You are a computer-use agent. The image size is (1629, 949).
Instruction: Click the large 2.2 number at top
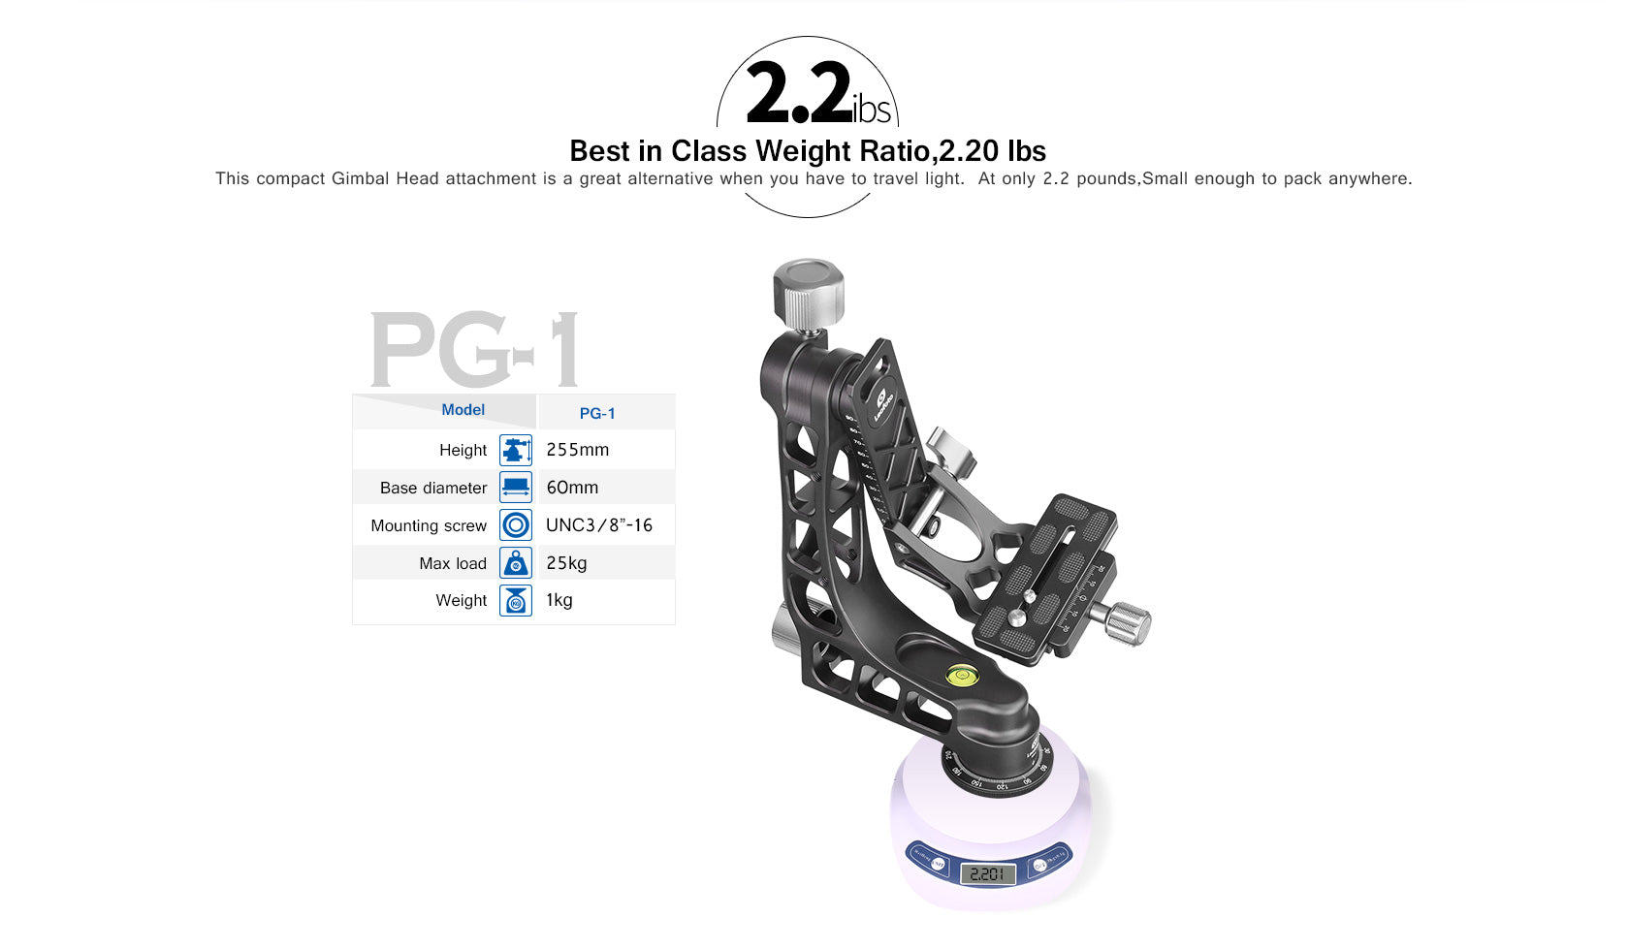(x=798, y=94)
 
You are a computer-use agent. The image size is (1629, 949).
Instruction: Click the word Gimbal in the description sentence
(x=361, y=178)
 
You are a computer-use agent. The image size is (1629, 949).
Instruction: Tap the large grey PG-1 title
(x=474, y=349)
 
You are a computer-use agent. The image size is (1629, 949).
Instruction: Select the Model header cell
(x=463, y=410)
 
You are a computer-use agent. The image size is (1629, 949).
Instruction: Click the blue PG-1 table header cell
(x=597, y=413)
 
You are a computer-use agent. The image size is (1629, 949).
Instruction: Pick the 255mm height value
(x=577, y=450)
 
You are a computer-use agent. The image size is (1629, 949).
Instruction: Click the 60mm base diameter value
(x=572, y=488)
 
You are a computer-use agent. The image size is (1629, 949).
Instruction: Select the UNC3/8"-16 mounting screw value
(x=598, y=525)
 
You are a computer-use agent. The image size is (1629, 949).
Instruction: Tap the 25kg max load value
(x=566, y=563)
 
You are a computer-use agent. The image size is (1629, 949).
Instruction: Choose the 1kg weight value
(x=559, y=600)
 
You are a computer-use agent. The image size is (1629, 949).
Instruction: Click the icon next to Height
(x=516, y=450)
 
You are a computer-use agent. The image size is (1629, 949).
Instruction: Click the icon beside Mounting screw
(x=516, y=525)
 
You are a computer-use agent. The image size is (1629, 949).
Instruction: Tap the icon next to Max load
(x=516, y=563)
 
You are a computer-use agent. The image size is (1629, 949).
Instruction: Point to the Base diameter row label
(x=432, y=488)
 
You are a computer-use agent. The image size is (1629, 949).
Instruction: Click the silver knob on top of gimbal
(x=808, y=292)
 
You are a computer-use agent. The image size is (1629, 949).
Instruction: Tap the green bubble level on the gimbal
(x=962, y=673)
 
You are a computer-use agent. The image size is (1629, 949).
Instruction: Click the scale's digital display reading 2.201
(x=987, y=874)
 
